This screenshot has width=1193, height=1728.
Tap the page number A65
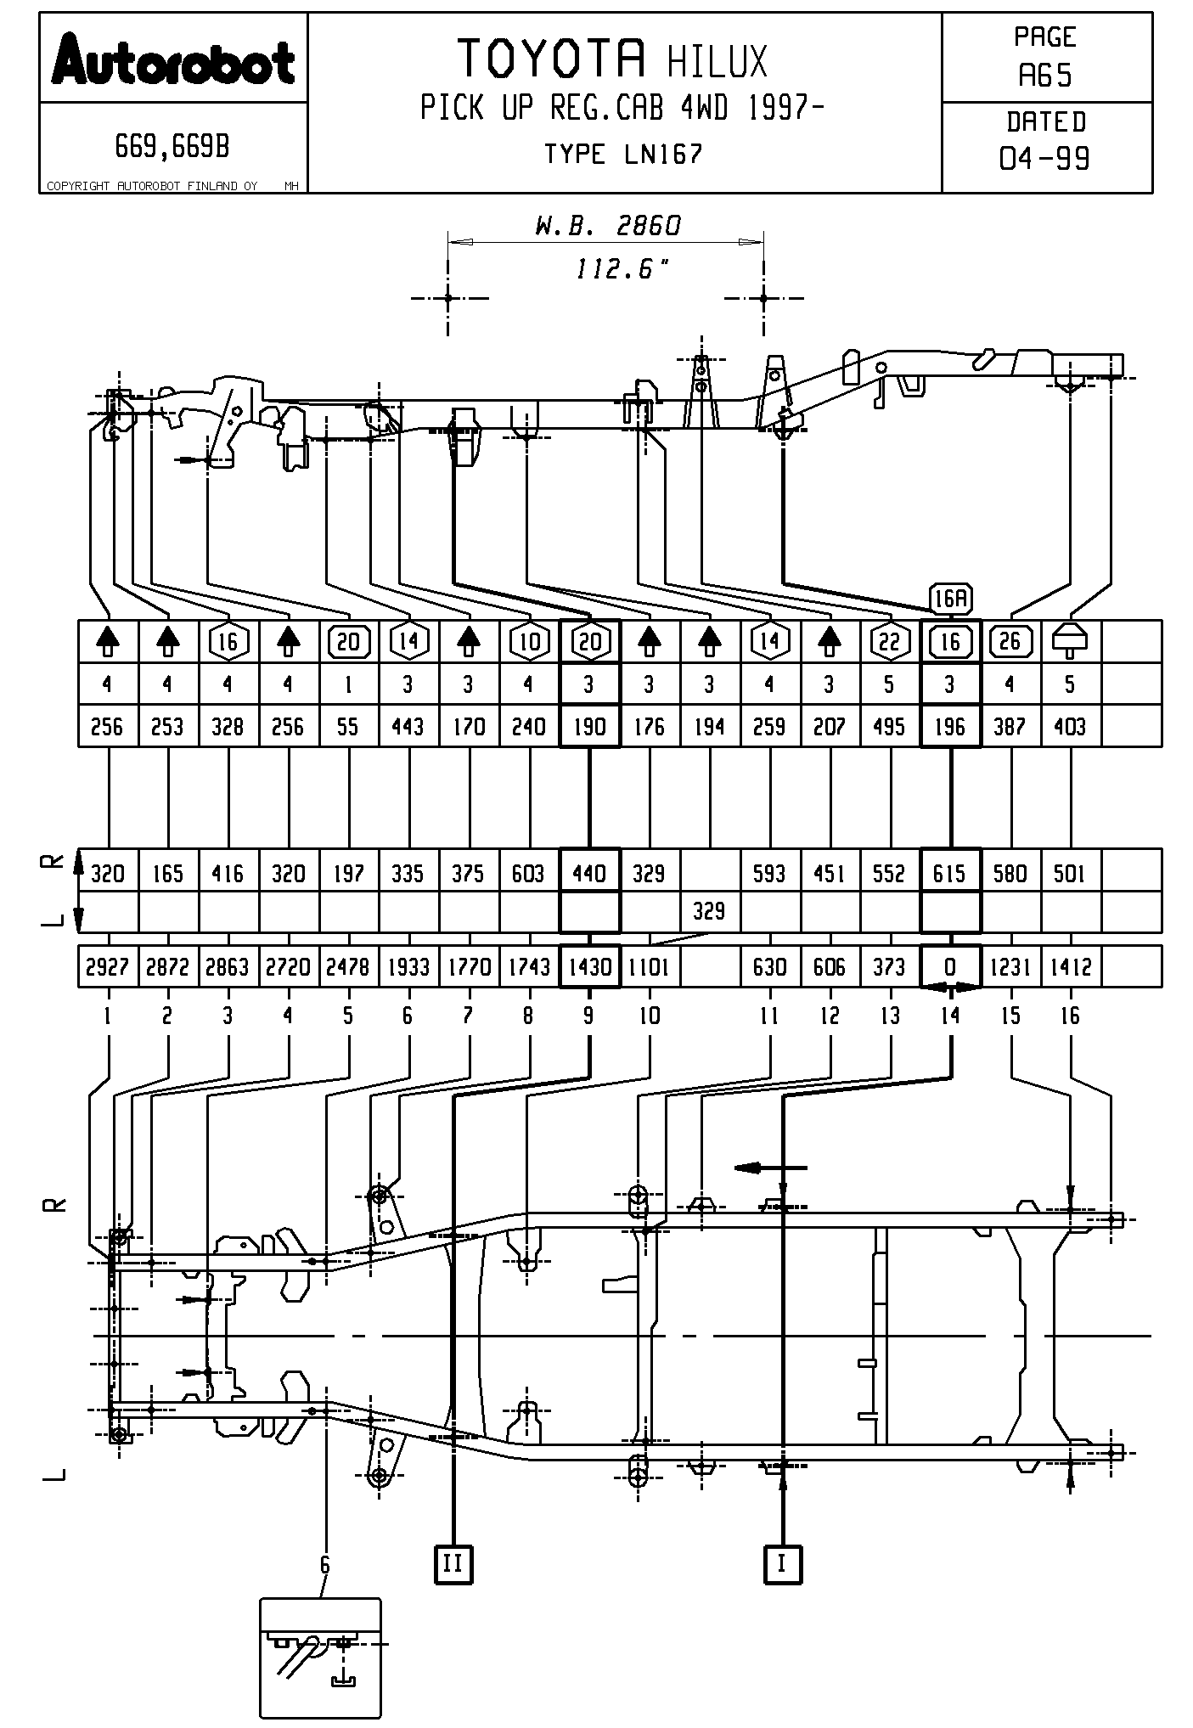[1045, 76]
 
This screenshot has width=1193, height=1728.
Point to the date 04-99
[1045, 158]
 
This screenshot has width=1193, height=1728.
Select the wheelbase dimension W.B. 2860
[607, 226]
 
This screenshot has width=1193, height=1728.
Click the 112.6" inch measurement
[622, 270]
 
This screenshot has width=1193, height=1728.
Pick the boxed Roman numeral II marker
[453, 1563]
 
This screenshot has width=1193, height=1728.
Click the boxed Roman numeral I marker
[782, 1563]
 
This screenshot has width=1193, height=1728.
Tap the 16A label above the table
[950, 600]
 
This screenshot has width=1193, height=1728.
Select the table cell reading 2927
[107, 967]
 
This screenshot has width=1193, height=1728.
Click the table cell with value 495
[889, 727]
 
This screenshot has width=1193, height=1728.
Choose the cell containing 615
[950, 874]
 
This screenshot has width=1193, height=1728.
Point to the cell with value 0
[950, 967]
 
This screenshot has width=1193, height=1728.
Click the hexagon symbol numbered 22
[889, 642]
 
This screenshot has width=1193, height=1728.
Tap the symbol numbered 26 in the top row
[1010, 641]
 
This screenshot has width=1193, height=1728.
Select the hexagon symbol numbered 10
[530, 642]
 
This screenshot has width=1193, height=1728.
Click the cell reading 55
[348, 727]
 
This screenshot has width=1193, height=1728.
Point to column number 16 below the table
[1070, 1016]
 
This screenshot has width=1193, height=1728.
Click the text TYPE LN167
[623, 155]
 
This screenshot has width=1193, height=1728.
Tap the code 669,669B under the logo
[172, 148]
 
